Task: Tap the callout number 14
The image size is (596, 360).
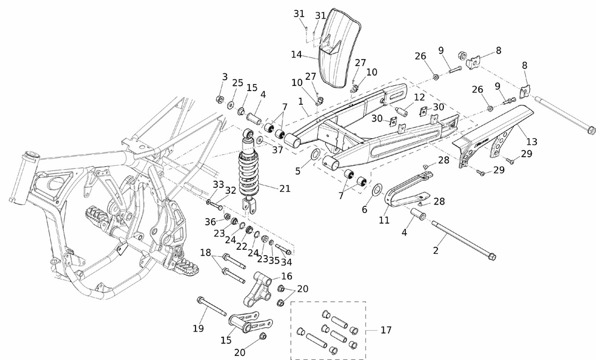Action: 297,55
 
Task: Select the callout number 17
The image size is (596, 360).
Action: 386,330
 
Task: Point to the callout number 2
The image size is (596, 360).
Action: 436,251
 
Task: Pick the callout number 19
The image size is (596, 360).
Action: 198,328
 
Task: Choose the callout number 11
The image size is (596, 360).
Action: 384,220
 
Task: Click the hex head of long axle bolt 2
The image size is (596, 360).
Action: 490,257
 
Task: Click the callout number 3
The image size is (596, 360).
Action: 225,76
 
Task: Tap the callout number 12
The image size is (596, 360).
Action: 420,97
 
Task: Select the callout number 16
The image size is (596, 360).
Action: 287,276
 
